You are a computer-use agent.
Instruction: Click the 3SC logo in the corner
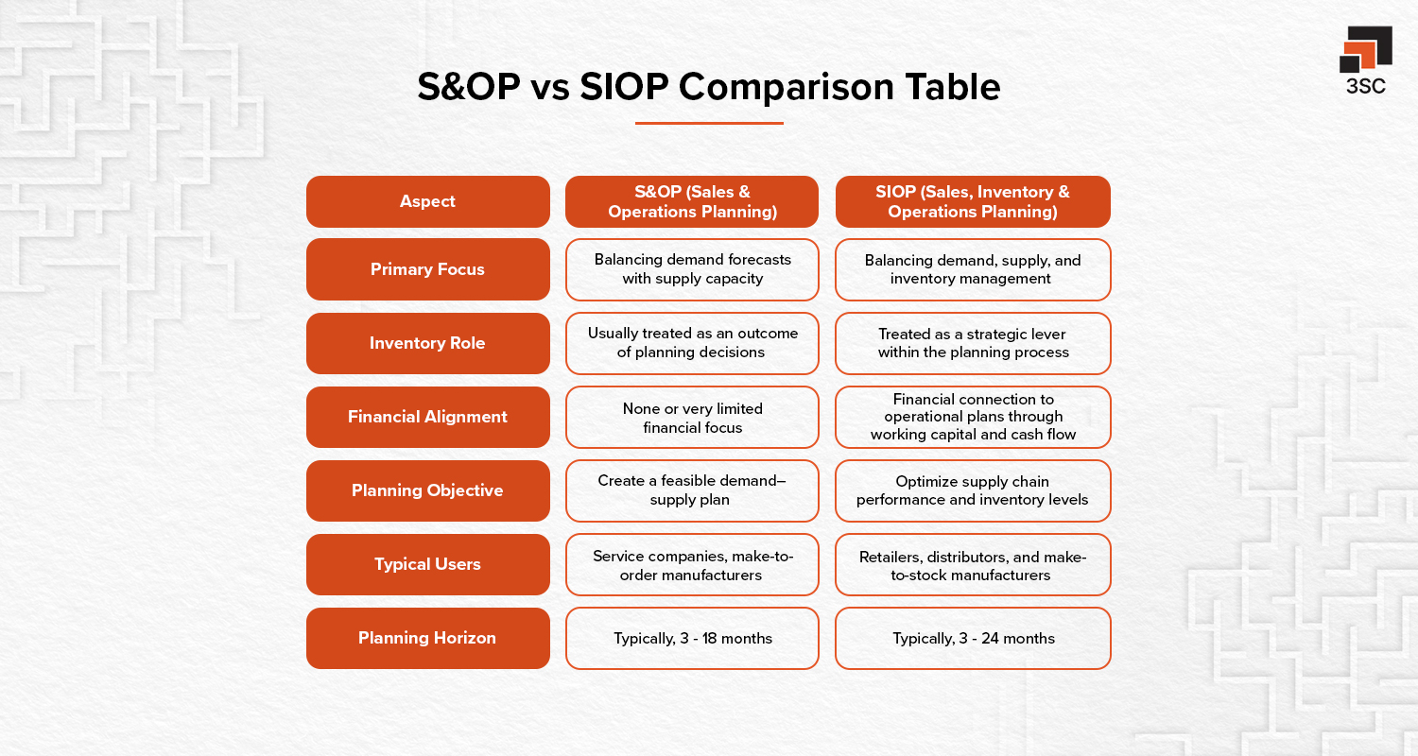point(1365,60)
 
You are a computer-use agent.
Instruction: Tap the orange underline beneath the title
point(709,123)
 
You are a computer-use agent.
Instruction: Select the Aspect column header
point(427,201)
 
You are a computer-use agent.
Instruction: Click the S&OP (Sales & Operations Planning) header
point(692,201)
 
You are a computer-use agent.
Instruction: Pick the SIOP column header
point(973,201)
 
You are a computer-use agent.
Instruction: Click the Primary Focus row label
point(427,269)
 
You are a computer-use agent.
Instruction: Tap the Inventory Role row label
point(427,343)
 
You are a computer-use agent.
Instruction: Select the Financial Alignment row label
point(427,417)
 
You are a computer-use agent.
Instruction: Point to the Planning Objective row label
point(427,490)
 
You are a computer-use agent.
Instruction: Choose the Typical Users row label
point(427,564)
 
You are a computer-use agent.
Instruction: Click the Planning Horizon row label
point(427,638)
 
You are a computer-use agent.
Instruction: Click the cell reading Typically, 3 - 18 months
point(692,638)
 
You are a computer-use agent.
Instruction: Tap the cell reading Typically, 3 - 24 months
point(973,638)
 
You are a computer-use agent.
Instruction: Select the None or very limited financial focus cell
point(692,417)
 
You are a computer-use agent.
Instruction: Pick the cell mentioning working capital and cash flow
point(973,417)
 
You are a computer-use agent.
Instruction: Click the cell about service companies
point(692,564)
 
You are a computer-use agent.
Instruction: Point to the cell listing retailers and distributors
point(973,564)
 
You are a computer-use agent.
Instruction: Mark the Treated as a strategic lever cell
point(973,343)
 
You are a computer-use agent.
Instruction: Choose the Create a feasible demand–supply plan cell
point(692,490)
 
